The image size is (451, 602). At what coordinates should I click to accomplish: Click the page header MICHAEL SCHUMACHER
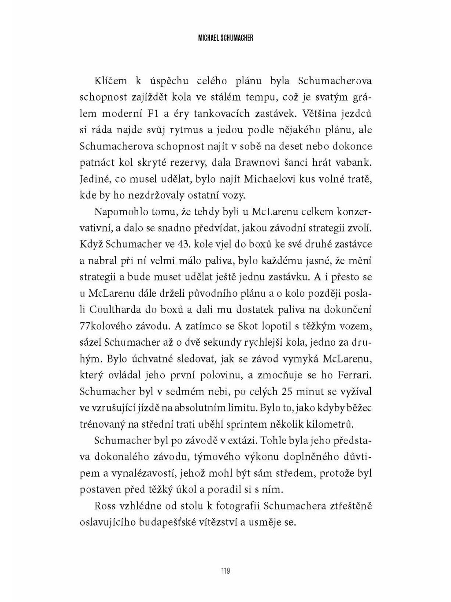[225, 38]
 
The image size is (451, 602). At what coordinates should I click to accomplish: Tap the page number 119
[225, 571]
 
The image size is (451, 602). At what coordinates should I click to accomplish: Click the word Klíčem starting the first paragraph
[111, 81]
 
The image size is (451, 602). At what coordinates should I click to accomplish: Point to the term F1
[148, 114]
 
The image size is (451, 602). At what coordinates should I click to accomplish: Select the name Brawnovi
[257, 163]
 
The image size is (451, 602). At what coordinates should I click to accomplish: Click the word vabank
[355, 163]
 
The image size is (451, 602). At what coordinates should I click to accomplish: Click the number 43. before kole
[184, 245]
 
